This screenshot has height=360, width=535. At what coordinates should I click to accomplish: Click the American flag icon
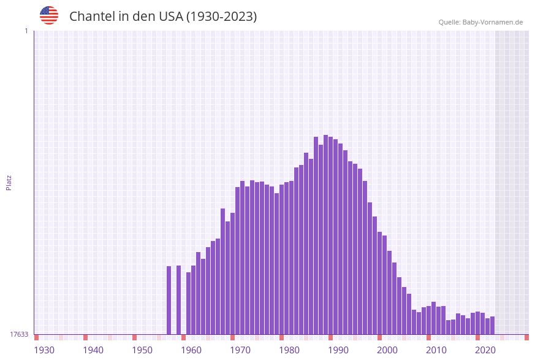(x=49, y=15)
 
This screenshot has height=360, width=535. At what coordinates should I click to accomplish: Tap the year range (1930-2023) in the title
(x=221, y=17)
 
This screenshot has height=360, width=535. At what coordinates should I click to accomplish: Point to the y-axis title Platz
(x=9, y=182)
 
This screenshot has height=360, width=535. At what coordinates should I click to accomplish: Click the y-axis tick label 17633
(x=19, y=334)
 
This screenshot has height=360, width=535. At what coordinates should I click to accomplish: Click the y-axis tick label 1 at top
(x=26, y=31)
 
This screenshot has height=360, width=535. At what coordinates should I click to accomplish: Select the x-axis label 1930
(x=44, y=350)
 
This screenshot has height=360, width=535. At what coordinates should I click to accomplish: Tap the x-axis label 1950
(x=142, y=350)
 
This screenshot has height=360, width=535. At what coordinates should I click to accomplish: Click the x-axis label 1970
(x=240, y=350)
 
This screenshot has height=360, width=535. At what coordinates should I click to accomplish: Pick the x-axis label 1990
(x=338, y=350)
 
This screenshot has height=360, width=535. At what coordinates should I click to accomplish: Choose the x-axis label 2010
(x=436, y=350)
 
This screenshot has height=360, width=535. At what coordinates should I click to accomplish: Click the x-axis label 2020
(x=485, y=350)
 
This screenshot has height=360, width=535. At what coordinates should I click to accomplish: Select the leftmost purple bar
(x=169, y=300)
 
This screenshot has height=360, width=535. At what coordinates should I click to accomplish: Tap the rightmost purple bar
(x=492, y=325)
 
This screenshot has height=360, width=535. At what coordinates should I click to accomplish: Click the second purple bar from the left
(x=178, y=300)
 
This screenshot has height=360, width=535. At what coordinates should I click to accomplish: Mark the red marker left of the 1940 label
(x=85, y=337)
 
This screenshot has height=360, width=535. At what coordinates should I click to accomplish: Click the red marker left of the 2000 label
(x=379, y=337)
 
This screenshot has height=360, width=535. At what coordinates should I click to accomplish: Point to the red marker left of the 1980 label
(x=281, y=337)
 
